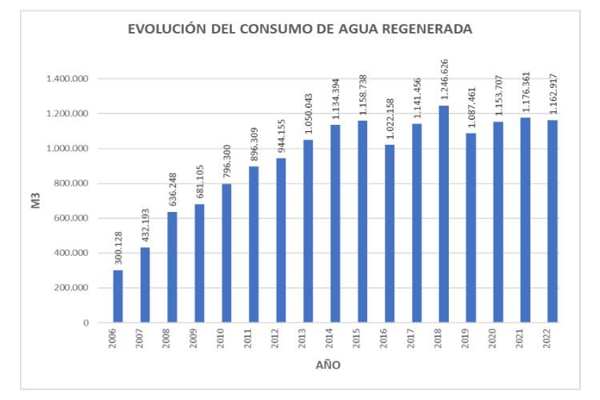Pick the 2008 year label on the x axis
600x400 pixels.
tap(172, 338)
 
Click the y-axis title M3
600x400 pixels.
tap(36, 201)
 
